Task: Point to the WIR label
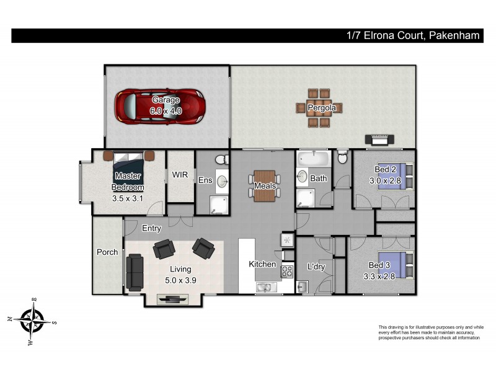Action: [180, 175]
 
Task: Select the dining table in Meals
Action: [264, 186]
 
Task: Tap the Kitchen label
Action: [262, 264]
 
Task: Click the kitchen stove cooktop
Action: [288, 271]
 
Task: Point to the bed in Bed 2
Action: [401, 175]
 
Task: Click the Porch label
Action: [107, 252]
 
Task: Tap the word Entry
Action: [151, 229]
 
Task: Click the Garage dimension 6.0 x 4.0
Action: [166, 109]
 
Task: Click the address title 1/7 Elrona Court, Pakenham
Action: [413, 36]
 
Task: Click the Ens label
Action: [205, 180]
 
